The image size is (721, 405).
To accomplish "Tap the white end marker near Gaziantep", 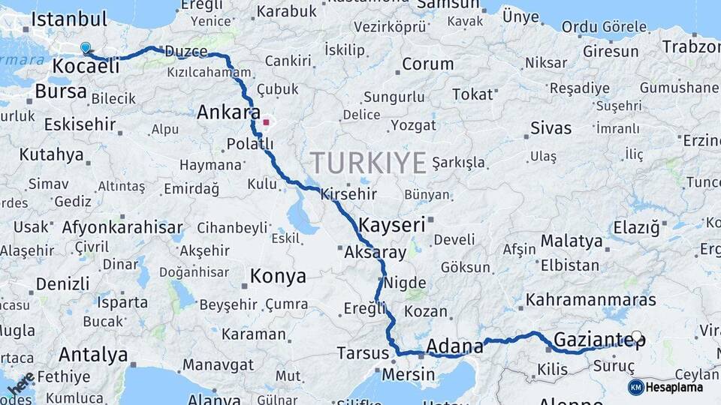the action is [637, 337].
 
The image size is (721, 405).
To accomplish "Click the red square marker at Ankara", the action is [266, 121].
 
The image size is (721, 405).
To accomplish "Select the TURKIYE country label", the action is [368, 163].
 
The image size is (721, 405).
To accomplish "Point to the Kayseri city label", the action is [392, 224].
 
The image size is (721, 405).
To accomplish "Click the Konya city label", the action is [278, 277].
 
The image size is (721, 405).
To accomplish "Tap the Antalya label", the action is [93, 354].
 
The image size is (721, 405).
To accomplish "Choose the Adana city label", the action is [454, 346].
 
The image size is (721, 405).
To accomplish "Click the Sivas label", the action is [551, 127].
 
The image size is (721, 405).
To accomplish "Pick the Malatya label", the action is [572, 241].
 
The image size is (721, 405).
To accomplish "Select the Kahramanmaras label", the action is [591, 300].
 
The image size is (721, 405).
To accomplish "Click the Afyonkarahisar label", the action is [122, 226].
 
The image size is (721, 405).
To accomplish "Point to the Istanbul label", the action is [71, 19].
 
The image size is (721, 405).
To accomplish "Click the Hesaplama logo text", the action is [674, 387].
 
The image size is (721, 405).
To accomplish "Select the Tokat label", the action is [473, 94].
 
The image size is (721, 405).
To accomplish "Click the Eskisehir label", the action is [80, 124].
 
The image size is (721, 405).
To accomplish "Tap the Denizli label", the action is [63, 284].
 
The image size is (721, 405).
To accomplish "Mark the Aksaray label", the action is [375, 253].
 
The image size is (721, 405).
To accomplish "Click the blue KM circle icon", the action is [636, 387].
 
